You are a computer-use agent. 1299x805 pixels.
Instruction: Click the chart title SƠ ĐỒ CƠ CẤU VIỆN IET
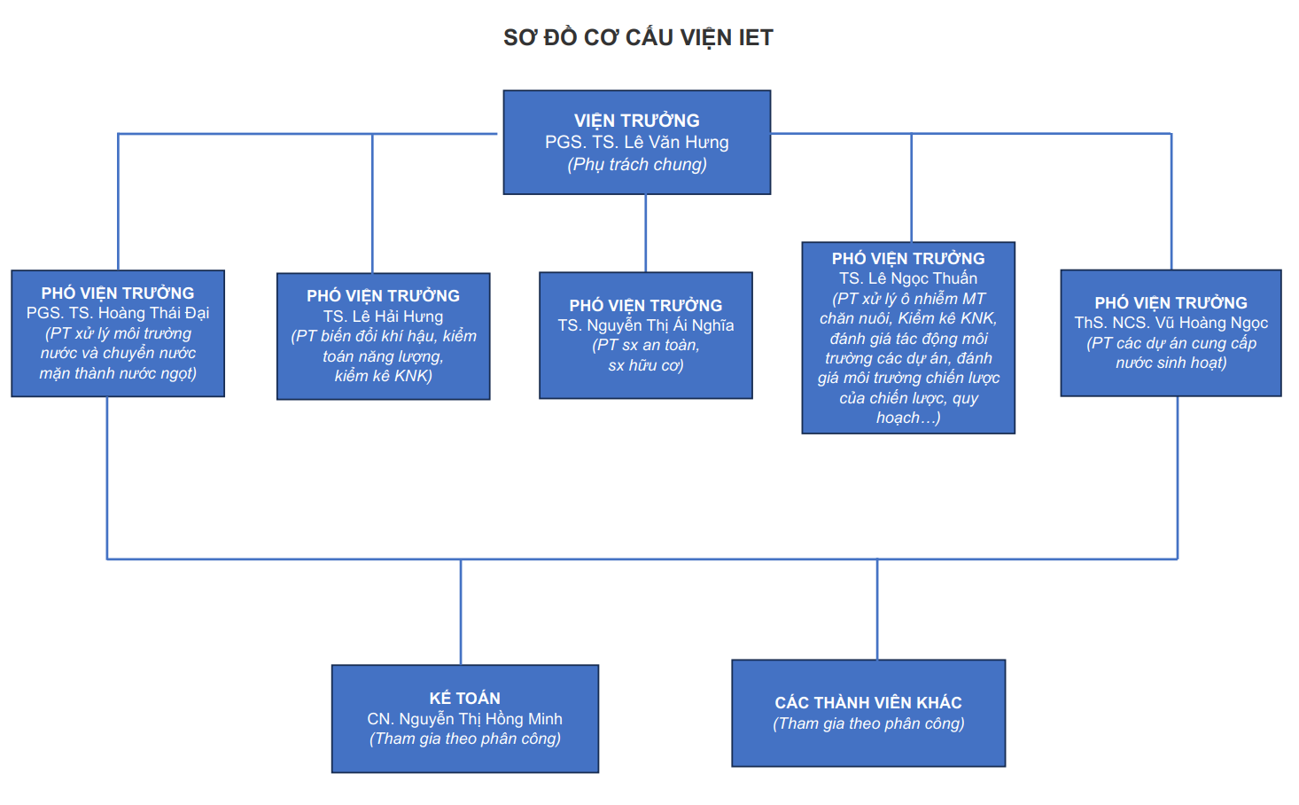coord(638,37)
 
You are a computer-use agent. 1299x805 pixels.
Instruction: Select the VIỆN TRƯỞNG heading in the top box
coord(636,121)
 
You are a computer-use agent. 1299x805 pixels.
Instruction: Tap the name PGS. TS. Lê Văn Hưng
coord(636,142)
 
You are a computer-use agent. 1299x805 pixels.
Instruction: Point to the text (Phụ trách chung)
coord(636,164)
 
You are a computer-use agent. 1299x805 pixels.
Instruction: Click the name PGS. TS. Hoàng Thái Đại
coord(118,313)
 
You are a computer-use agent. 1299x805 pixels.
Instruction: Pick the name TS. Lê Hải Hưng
coord(383,317)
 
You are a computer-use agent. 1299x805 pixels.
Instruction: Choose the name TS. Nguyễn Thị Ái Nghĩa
coord(645,325)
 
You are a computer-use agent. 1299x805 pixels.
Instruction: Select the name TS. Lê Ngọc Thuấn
coord(908,278)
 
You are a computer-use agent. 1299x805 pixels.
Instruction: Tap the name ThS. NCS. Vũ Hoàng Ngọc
coord(1171,323)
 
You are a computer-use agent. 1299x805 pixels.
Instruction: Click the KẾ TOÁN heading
coord(464,699)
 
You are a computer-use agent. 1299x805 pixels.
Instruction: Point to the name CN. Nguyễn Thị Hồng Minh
coord(464,719)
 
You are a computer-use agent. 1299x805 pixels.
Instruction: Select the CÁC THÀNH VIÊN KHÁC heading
coord(868,703)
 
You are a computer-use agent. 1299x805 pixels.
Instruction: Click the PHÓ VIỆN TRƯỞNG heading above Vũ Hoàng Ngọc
coord(1171,303)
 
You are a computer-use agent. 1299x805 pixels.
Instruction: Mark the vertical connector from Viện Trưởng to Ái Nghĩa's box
coord(646,233)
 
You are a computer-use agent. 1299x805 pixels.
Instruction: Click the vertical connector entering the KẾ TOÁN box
coord(461,612)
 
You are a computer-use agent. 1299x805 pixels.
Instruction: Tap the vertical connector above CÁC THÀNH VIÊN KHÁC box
coord(877,609)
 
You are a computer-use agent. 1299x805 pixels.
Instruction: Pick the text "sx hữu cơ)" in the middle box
coord(645,365)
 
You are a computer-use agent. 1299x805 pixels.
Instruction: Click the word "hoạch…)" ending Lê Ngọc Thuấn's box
coord(908,418)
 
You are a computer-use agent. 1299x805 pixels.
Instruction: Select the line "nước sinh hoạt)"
coord(1171,363)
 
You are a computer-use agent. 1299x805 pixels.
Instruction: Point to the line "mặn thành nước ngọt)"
coord(118,373)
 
